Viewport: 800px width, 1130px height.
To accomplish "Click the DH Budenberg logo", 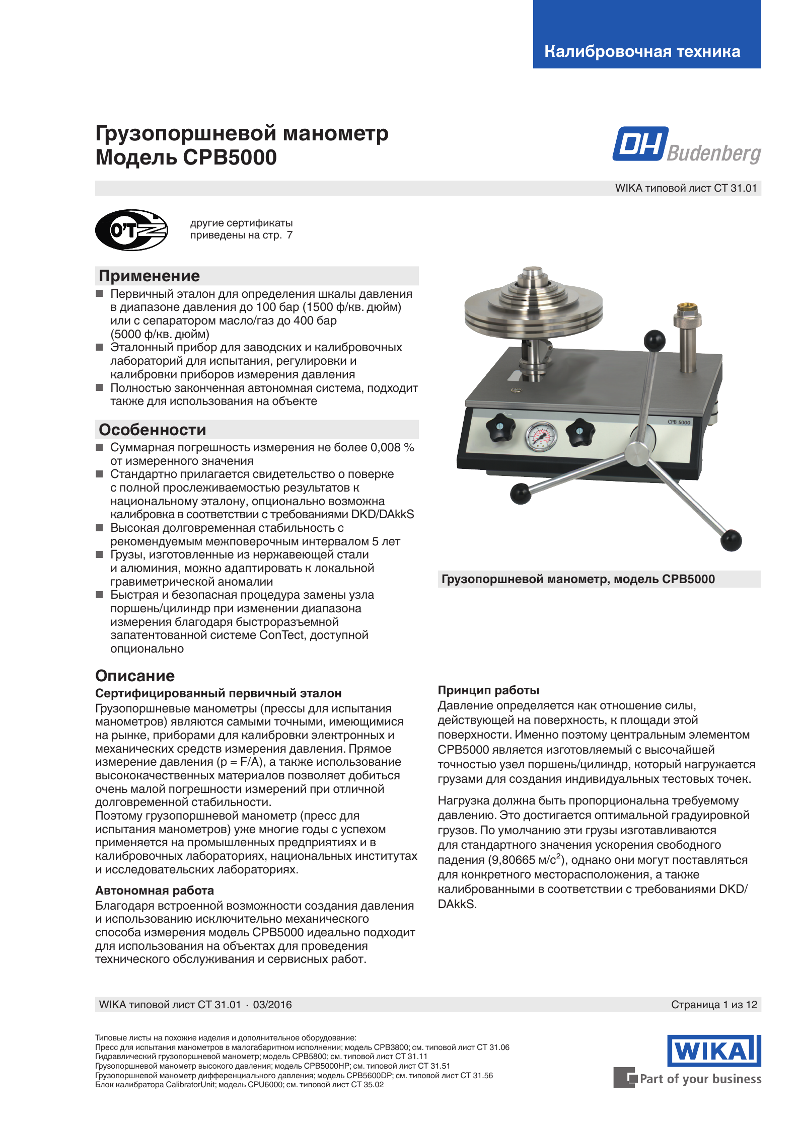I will pyautogui.click(x=686, y=145).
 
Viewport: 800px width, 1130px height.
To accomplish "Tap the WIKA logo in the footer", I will pyautogui.click(x=714, y=1051).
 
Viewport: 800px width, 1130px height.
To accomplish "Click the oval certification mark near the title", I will pyautogui.click(x=131, y=230).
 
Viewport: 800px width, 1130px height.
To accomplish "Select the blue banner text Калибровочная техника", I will pyautogui.click(x=642, y=51).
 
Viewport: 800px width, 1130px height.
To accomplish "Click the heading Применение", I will pyautogui.click(x=150, y=276).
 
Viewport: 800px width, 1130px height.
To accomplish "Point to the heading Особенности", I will pyautogui.click(x=153, y=430).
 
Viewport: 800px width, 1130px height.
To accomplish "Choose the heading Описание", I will pyautogui.click(x=135, y=676).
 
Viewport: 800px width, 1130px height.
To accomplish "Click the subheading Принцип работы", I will pyautogui.click(x=488, y=690).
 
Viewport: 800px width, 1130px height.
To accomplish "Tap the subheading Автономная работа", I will pyautogui.click(x=155, y=891).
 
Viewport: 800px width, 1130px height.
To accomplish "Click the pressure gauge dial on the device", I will pyautogui.click(x=541, y=436).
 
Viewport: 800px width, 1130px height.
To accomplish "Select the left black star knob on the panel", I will pyautogui.click(x=500, y=428).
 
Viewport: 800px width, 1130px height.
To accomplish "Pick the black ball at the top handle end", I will pyautogui.click(x=654, y=341).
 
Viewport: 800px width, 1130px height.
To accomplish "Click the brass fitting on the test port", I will pyautogui.click(x=687, y=308).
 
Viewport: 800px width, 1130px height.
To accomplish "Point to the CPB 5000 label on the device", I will pyautogui.click(x=679, y=422).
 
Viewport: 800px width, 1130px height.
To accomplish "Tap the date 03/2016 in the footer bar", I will pyautogui.click(x=272, y=1005).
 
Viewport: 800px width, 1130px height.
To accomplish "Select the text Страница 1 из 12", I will pyautogui.click(x=714, y=1005).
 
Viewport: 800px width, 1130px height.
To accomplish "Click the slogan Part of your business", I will pyautogui.click(x=700, y=1079).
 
